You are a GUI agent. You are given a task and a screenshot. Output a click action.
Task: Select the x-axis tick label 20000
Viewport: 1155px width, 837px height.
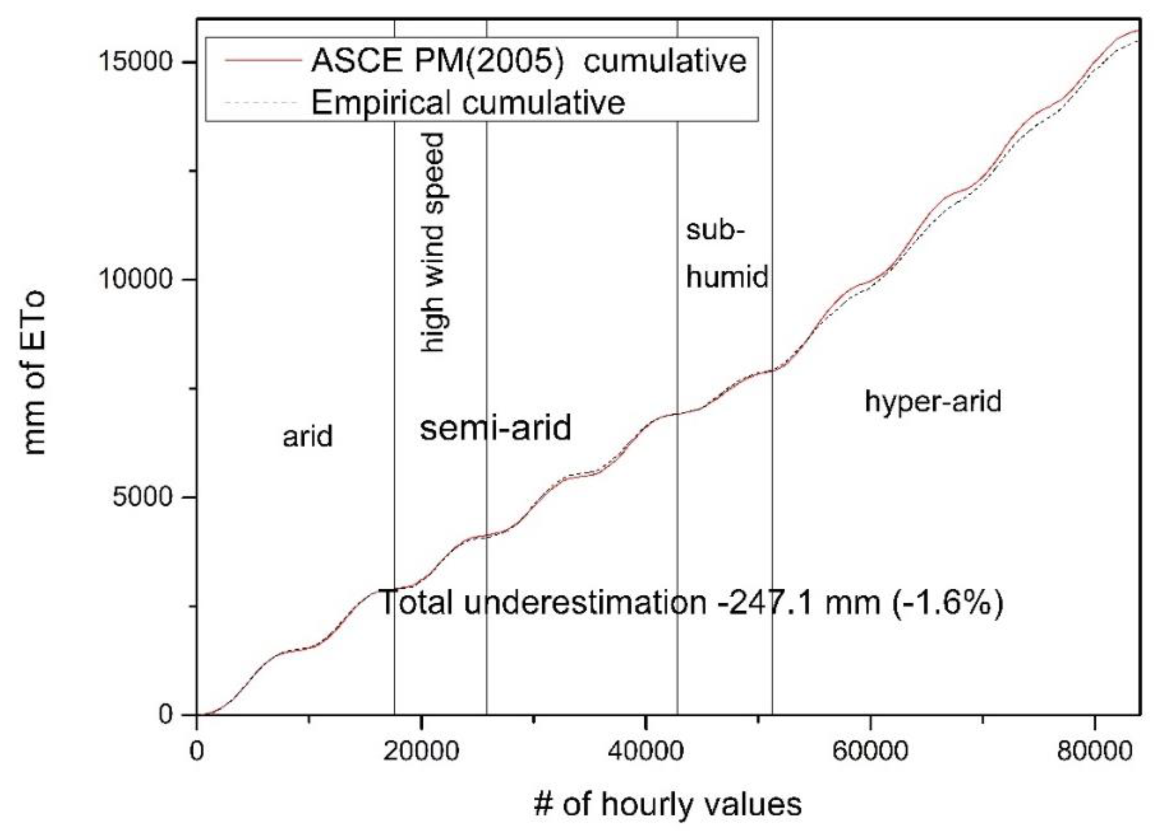[421, 751]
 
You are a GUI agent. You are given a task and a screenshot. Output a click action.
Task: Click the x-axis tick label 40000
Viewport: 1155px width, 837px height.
[645, 751]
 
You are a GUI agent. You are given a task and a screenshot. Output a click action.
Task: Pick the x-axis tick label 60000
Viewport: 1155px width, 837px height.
[870, 751]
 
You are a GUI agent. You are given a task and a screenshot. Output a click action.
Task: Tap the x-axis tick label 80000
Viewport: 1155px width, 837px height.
[1095, 751]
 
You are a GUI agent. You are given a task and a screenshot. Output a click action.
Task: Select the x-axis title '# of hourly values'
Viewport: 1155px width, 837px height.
[667, 804]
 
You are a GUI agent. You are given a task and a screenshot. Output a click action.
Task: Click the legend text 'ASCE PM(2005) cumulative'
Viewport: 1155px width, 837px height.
[529, 61]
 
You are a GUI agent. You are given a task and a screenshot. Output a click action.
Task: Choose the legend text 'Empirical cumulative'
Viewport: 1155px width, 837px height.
[468, 102]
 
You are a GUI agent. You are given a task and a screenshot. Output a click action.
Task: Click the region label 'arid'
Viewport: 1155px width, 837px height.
[308, 437]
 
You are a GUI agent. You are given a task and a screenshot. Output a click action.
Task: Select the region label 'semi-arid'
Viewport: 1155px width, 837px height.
[495, 428]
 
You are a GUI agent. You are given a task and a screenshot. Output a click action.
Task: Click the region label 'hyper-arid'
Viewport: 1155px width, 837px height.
[933, 402]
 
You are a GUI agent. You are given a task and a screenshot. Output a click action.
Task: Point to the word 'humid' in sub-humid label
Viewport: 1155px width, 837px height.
[727, 277]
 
